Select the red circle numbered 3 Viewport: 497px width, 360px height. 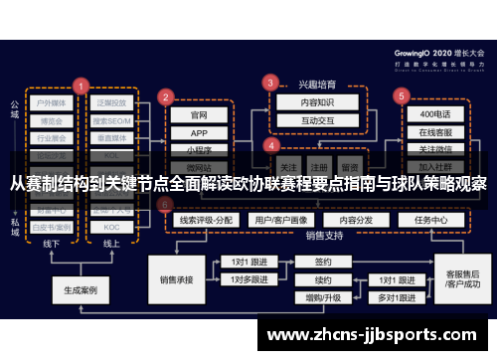(x=267, y=83)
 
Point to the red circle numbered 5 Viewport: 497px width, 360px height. (x=402, y=96)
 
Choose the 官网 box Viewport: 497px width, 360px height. (x=199, y=114)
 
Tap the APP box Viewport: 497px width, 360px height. (x=199, y=133)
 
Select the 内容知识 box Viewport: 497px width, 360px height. (x=304, y=102)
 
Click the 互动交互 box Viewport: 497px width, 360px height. (x=304, y=120)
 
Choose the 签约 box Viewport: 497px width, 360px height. (x=322, y=263)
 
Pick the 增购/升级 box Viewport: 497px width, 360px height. (x=322, y=297)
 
